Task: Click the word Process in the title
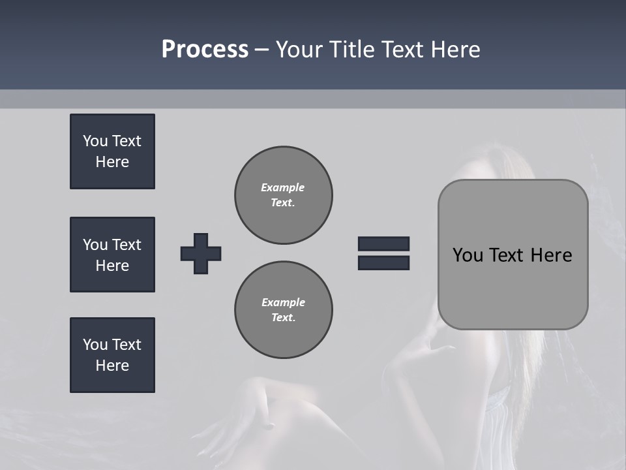pyautogui.click(x=205, y=50)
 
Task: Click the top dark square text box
pyautogui.click(x=112, y=151)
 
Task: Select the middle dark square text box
pyautogui.click(x=112, y=255)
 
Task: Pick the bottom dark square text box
pyautogui.click(x=112, y=355)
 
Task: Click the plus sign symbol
pyautogui.click(x=201, y=253)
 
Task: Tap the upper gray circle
pyautogui.click(x=284, y=195)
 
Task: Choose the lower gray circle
pyautogui.click(x=284, y=310)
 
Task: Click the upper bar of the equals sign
pyautogui.click(x=383, y=244)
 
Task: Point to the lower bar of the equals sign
pyautogui.click(x=383, y=262)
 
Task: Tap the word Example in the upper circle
pyautogui.click(x=282, y=187)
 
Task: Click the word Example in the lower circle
pyautogui.click(x=283, y=302)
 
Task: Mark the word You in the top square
pyautogui.click(x=95, y=141)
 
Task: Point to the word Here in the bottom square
pyautogui.click(x=112, y=366)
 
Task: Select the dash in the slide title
pyautogui.click(x=262, y=50)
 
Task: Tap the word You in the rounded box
pyautogui.click(x=468, y=255)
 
